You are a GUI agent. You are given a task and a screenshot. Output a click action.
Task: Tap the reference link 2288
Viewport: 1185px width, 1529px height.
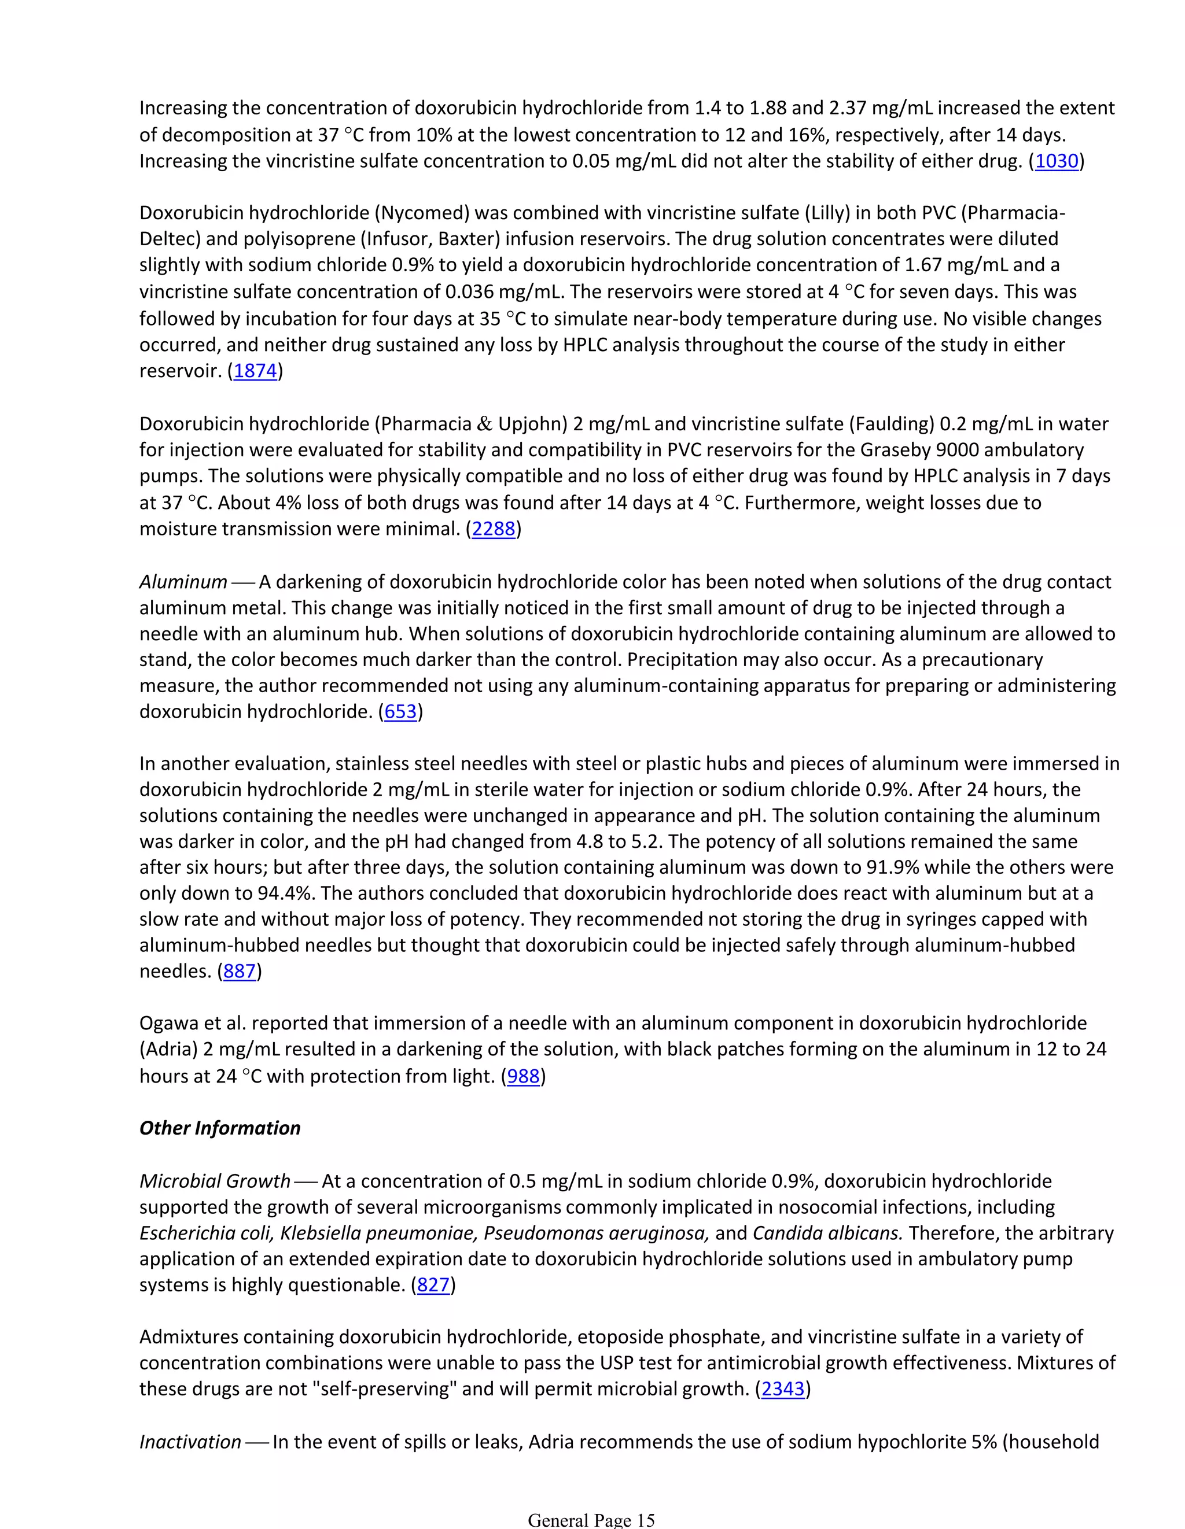(494, 529)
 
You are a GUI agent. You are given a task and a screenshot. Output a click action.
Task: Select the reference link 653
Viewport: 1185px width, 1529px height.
(400, 712)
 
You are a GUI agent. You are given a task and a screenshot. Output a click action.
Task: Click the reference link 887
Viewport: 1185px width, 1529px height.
(239, 972)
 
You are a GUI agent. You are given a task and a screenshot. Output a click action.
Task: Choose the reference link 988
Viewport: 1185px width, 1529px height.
(523, 1076)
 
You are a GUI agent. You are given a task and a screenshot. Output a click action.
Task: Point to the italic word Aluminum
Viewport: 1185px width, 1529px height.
(183, 582)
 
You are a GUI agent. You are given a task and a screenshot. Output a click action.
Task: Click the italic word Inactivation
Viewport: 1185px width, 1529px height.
(190, 1442)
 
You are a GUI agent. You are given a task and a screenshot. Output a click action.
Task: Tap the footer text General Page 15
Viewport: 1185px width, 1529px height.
(591, 1520)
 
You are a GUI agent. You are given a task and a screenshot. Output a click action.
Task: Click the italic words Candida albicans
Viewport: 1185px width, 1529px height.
(827, 1233)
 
